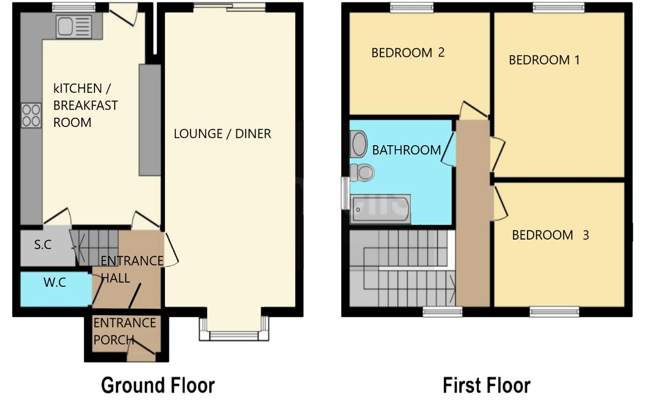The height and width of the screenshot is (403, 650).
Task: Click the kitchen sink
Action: pos(74,27)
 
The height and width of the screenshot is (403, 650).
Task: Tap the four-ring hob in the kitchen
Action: pos(31,115)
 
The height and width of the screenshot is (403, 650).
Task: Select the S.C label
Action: pos(43,245)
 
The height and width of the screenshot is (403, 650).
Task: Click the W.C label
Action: pos(55,282)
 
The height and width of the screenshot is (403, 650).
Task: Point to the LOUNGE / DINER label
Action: pos(222,134)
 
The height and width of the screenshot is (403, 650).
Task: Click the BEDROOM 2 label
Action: pos(408,53)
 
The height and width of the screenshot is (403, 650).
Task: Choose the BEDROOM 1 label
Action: pos(544,60)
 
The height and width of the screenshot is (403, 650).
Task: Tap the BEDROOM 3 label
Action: pos(550,235)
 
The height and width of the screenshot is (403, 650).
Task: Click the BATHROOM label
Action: pos(407,150)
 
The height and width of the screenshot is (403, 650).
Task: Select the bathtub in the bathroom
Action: pos(380,209)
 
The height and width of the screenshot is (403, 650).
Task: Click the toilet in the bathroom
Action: pos(362,173)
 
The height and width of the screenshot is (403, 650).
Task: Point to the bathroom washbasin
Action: pos(359,144)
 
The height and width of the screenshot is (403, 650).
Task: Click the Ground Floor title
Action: pos(158,385)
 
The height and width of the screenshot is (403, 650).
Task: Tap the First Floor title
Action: pos(486,385)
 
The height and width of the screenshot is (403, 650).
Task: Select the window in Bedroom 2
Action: pos(412,8)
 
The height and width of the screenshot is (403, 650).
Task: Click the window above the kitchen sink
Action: pos(74,8)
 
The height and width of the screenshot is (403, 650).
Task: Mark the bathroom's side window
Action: pos(345,193)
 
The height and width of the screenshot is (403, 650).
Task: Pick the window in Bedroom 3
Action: pos(555,312)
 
